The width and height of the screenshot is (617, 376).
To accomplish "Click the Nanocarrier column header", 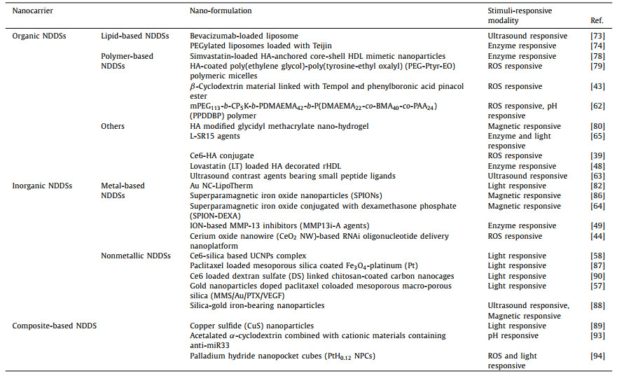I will (x=33, y=11).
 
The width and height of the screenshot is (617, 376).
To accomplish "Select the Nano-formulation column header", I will (x=221, y=11).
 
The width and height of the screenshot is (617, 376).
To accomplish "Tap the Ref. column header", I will (x=597, y=21).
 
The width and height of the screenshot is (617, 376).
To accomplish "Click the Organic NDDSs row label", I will (x=34, y=36).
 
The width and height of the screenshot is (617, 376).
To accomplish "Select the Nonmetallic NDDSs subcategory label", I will (x=135, y=256).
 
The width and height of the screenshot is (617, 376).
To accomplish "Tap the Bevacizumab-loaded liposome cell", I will (x=244, y=36).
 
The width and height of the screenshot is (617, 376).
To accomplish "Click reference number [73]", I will (x=597, y=36).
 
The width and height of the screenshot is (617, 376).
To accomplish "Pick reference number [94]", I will (x=597, y=356).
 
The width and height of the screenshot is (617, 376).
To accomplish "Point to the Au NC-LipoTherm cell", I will (x=221, y=186).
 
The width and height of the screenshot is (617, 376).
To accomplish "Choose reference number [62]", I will (x=597, y=106).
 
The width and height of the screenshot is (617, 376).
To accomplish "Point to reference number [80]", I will (x=597, y=127).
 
